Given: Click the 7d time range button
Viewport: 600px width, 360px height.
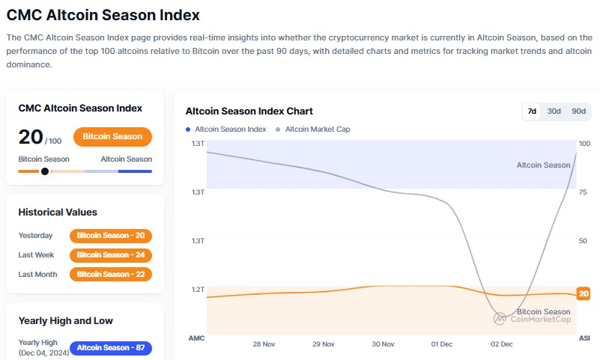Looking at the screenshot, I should point(532,111).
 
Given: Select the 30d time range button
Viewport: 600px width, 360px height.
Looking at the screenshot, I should point(554,111).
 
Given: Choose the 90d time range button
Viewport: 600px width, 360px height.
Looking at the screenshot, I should point(578,111).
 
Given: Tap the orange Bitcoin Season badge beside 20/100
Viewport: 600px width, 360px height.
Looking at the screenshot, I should point(112,137).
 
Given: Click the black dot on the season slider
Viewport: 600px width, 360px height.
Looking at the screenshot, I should point(45,171).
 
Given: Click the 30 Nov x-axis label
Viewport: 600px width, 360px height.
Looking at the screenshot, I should point(383,344).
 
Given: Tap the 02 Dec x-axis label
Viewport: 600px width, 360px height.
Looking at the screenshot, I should point(501,344).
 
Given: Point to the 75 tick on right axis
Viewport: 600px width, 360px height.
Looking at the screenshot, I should point(584,192).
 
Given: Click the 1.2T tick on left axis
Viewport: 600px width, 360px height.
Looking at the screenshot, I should point(198,289).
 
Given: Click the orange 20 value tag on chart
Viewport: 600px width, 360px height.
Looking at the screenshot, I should point(584,294).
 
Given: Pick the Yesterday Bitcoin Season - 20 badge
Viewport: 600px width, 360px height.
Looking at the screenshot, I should point(111,236).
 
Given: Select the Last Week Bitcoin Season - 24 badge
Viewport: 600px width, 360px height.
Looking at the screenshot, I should point(111,255).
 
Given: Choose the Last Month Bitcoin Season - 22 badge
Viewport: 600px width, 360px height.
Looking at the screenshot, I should point(111,275).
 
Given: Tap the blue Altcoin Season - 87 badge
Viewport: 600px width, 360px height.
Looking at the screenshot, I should point(111,348).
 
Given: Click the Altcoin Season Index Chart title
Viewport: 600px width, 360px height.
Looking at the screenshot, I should point(249,112).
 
